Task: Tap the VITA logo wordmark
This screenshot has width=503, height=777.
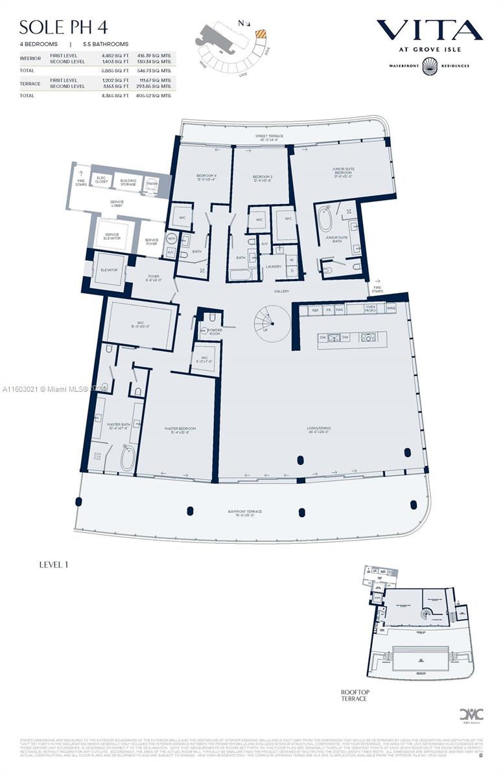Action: pyautogui.click(x=429, y=30)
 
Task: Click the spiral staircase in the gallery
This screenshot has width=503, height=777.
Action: pyautogui.click(x=266, y=321)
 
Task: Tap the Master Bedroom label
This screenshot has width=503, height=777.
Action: pyautogui.click(x=180, y=430)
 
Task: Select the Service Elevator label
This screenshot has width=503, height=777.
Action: pyautogui.click(x=112, y=237)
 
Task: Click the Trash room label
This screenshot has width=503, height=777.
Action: pyautogui.click(x=152, y=183)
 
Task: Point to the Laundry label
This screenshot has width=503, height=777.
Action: pyautogui.click(x=273, y=266)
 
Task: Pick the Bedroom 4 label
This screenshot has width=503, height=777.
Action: pyautogui.click(x=206, y=177)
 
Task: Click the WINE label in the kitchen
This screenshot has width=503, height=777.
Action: pyautogui.click(x=390, y=310)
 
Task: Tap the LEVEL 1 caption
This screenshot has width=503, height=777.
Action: pyautogui.click(x=54, y=564)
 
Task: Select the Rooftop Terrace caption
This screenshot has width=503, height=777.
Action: pyautogui.click(x=354, y=695)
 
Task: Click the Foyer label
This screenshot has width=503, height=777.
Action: pyautogui.click(x=153, y=278)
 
